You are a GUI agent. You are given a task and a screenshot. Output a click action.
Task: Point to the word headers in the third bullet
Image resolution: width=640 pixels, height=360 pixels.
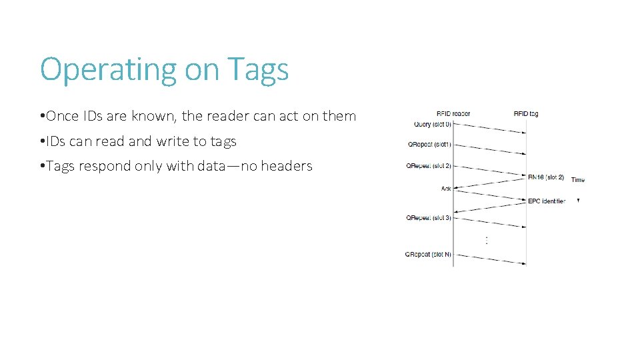click(287, 166)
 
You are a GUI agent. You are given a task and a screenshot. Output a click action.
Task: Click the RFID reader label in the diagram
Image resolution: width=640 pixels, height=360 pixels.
click(453, 113)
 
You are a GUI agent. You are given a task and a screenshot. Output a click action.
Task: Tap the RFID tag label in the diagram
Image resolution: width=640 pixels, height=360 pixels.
click(526, 113)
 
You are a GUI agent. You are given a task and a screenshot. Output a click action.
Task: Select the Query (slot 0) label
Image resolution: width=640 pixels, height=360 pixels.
click(432, 124)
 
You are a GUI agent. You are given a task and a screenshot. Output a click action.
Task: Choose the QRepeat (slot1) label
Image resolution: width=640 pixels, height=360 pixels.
click(429, 145)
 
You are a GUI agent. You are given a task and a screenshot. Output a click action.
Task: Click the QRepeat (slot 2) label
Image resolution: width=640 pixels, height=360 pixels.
click(429, 166)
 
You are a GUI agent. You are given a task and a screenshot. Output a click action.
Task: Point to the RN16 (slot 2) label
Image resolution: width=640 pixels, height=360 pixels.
click(546, 177)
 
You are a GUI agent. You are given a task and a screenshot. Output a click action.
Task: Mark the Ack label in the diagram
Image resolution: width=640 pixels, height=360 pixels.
click(446, 189)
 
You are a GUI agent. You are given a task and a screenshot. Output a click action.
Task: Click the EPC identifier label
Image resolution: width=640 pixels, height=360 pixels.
click(547, 201)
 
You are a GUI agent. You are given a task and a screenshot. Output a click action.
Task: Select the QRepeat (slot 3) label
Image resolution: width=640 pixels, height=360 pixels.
click(428, 218)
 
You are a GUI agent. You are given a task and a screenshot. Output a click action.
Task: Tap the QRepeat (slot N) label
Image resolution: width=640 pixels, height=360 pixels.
click(428, 254)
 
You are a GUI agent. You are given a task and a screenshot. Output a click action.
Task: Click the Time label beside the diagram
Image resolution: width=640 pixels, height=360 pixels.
click(577, 180)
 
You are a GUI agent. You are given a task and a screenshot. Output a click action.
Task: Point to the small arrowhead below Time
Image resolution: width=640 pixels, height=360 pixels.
click(578, 200)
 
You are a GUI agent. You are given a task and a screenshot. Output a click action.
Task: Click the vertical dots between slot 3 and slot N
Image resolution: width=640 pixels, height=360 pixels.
click(487, 239)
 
